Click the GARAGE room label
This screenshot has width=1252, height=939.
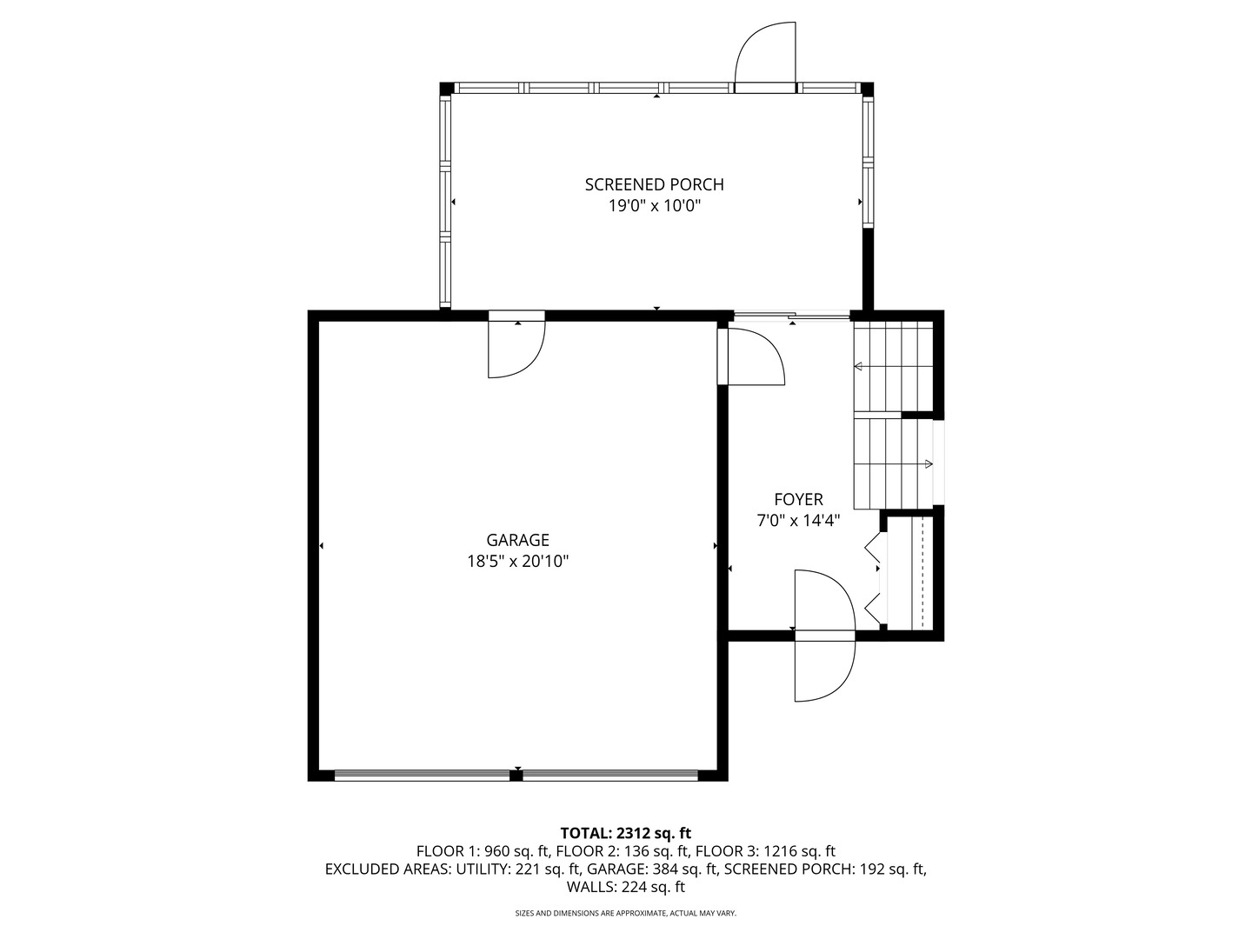517,540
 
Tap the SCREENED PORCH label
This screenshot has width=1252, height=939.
654,184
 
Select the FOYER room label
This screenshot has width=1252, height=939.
798,499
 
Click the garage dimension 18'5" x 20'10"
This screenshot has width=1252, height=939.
517,562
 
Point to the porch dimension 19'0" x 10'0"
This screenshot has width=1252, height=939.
654,206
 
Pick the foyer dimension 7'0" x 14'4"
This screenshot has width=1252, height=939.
798,521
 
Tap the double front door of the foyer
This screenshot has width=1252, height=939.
824,636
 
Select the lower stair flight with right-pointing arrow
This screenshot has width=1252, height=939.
893,463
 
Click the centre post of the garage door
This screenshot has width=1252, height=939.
516,775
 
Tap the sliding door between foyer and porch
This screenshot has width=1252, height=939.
791,316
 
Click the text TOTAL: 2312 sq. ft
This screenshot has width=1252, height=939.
625,833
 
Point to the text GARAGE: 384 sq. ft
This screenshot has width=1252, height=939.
651,869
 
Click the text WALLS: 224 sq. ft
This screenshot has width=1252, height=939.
625,887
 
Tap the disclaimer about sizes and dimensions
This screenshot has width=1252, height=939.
625,913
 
